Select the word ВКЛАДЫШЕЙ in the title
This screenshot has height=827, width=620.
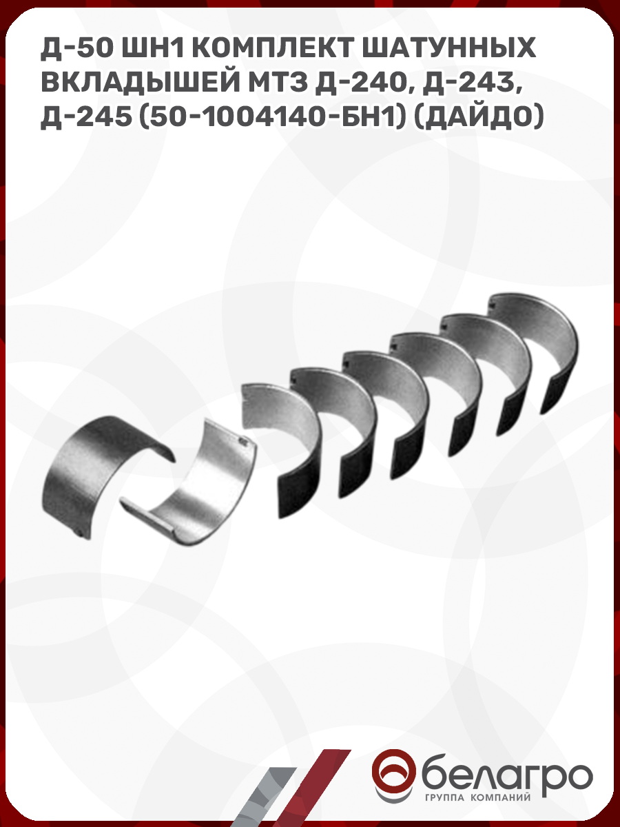(x=140, y=83)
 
